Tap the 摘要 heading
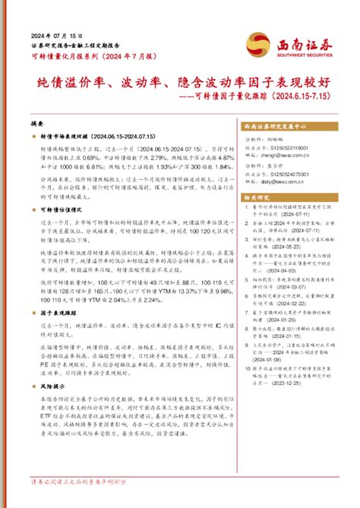(37, 122)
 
